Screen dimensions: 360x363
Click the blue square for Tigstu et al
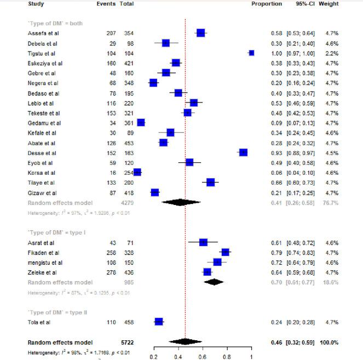point(251,53)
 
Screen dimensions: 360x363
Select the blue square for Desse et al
point(243,152)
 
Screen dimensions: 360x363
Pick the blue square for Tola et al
point(159,322)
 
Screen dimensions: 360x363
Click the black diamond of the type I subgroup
point(214,282)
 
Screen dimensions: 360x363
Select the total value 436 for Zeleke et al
point(129,272)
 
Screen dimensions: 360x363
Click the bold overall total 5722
point(128,342)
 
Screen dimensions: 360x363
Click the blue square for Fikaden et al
point(224,252)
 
